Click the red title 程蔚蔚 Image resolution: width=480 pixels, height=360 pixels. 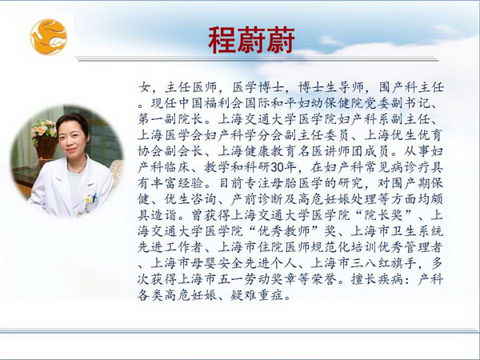click(251, 40)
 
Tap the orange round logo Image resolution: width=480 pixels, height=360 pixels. click(49, 37)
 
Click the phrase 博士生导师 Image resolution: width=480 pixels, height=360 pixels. click(330, 87)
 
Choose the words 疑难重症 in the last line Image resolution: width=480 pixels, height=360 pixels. click(257, 296)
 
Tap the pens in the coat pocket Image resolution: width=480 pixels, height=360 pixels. click(95, 197)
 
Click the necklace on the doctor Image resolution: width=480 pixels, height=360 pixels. click(77, 167)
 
